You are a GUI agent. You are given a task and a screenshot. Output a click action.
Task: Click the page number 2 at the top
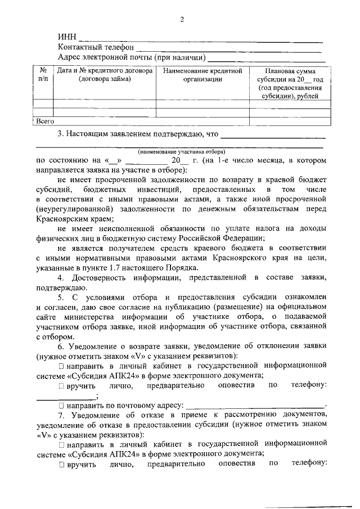click(182, 21)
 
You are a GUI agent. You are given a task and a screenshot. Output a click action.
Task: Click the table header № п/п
click(43, 75)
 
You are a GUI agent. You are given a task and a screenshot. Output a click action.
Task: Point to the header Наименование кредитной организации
click(202, 75)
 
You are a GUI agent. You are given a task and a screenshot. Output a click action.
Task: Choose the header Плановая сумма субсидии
click(289, 83)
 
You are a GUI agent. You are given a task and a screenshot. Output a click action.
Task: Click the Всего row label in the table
click(45, 120)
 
